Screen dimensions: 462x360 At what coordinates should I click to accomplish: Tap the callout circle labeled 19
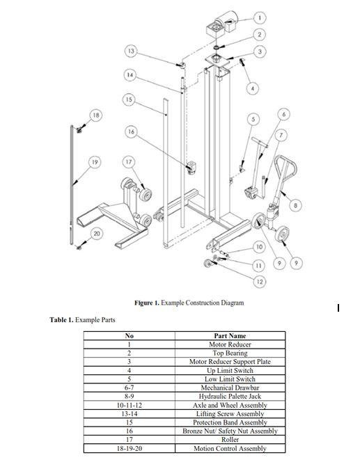coord(95,162)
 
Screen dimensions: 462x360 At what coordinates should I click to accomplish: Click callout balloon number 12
coord(260,281)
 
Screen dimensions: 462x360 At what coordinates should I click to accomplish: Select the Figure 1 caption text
coord(189,303)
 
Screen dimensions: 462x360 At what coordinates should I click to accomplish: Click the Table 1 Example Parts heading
coord(82,320)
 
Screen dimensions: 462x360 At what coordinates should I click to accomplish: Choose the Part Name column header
coord(230,336)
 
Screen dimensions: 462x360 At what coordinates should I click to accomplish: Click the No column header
coord(129,336)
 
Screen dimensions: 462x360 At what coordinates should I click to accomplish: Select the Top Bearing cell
coord(230,353)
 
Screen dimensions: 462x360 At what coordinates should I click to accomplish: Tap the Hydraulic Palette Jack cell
coord(230,397)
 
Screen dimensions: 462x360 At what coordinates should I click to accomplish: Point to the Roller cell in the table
coord(230,440)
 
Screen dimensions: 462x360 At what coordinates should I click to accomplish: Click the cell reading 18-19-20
coord(129,449)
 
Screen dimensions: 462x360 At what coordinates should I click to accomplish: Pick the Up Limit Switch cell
coord(230,371)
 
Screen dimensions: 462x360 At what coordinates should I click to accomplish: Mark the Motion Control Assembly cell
coord(230,449)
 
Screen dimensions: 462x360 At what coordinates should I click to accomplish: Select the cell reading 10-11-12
coord(129,405)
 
